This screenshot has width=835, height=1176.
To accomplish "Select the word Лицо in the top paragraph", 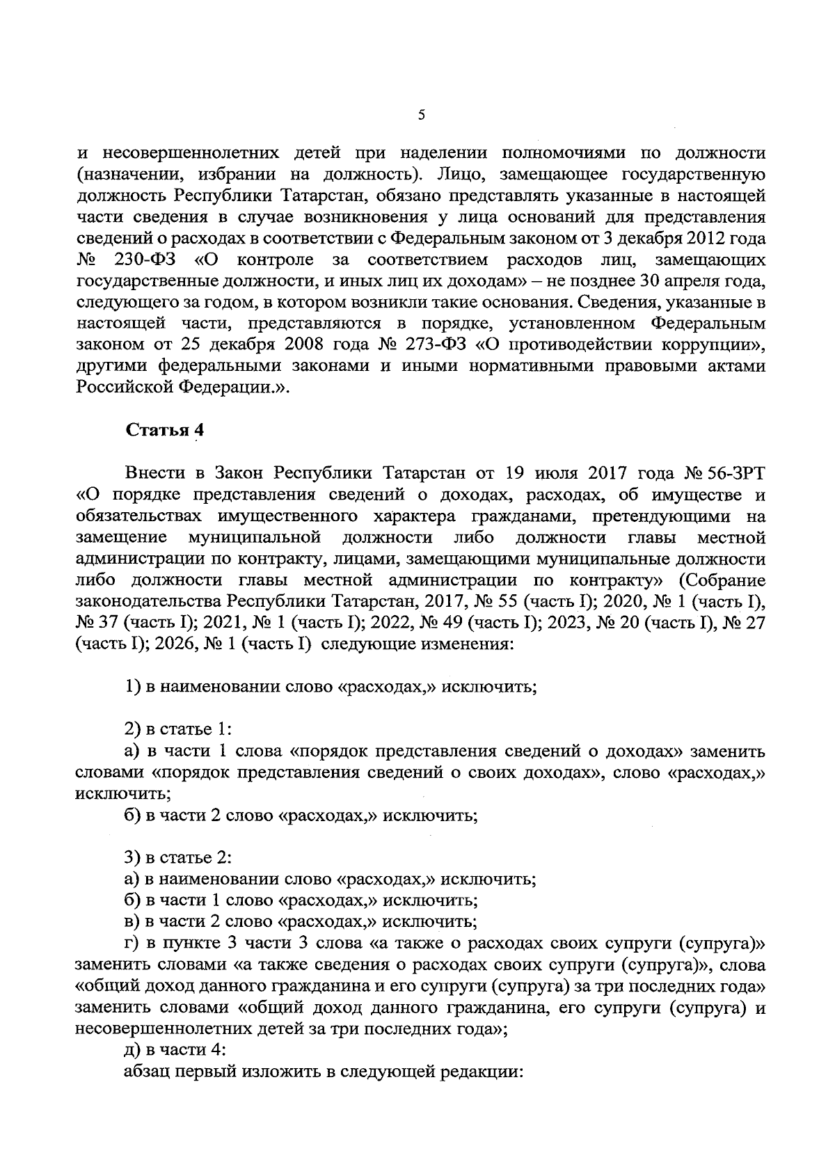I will tap(465, 173).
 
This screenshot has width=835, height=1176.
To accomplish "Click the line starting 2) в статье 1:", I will tap(178, 729).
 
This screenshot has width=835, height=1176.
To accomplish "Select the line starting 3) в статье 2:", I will tap(178, 857).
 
